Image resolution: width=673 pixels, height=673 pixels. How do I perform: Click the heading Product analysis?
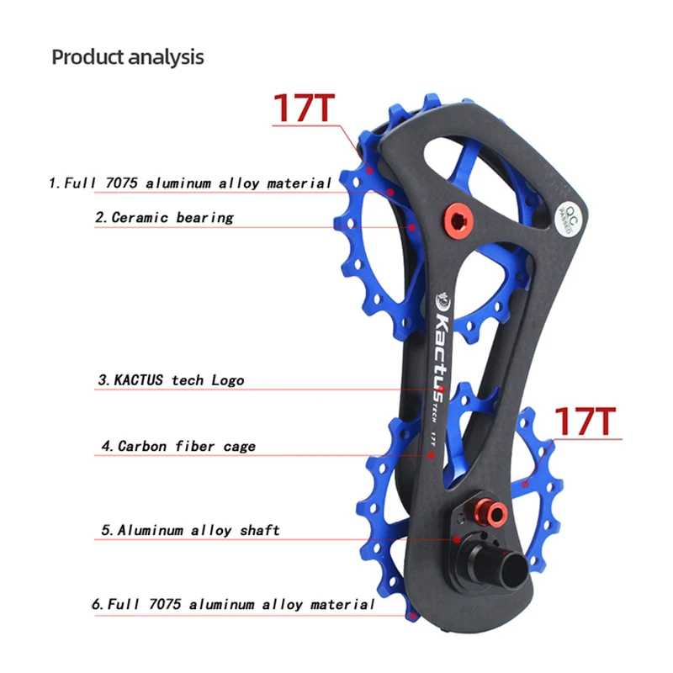coord(128,57)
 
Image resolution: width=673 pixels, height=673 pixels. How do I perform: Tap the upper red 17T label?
coord(303,109)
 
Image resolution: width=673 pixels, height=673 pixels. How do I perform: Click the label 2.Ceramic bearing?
coord(163,217)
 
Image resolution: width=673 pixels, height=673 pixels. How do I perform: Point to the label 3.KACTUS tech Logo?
coord(171,380)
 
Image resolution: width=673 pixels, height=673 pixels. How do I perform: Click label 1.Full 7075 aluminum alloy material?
coord(189,183)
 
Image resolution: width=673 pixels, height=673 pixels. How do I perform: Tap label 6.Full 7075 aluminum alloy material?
coord(232,604)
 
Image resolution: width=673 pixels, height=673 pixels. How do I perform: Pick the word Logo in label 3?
coord(227,380)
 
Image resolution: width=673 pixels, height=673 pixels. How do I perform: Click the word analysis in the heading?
coord(166,57)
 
